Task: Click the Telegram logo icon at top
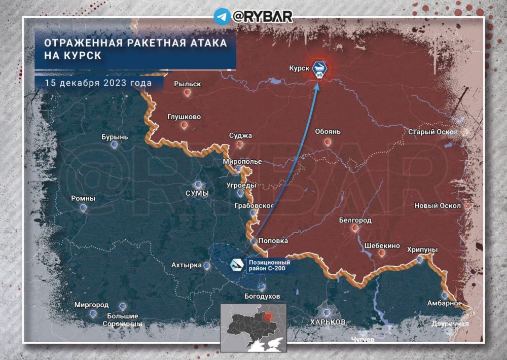[222, 16]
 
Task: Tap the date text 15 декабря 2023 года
[98, 83]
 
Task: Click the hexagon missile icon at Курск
[319, 69]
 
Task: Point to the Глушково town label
[184, 117]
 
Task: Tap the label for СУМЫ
[197, 193]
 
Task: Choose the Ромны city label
[83, 199]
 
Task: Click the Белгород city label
[355, 220]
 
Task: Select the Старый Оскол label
[432, 132]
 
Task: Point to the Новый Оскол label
[437, 206]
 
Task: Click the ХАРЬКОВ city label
[328, 322]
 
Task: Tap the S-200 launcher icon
[236, 265]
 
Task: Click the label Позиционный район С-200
[269, 265]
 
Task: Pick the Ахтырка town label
[186, 265]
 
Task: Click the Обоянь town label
[328, 132]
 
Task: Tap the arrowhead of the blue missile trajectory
[316, 85]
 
